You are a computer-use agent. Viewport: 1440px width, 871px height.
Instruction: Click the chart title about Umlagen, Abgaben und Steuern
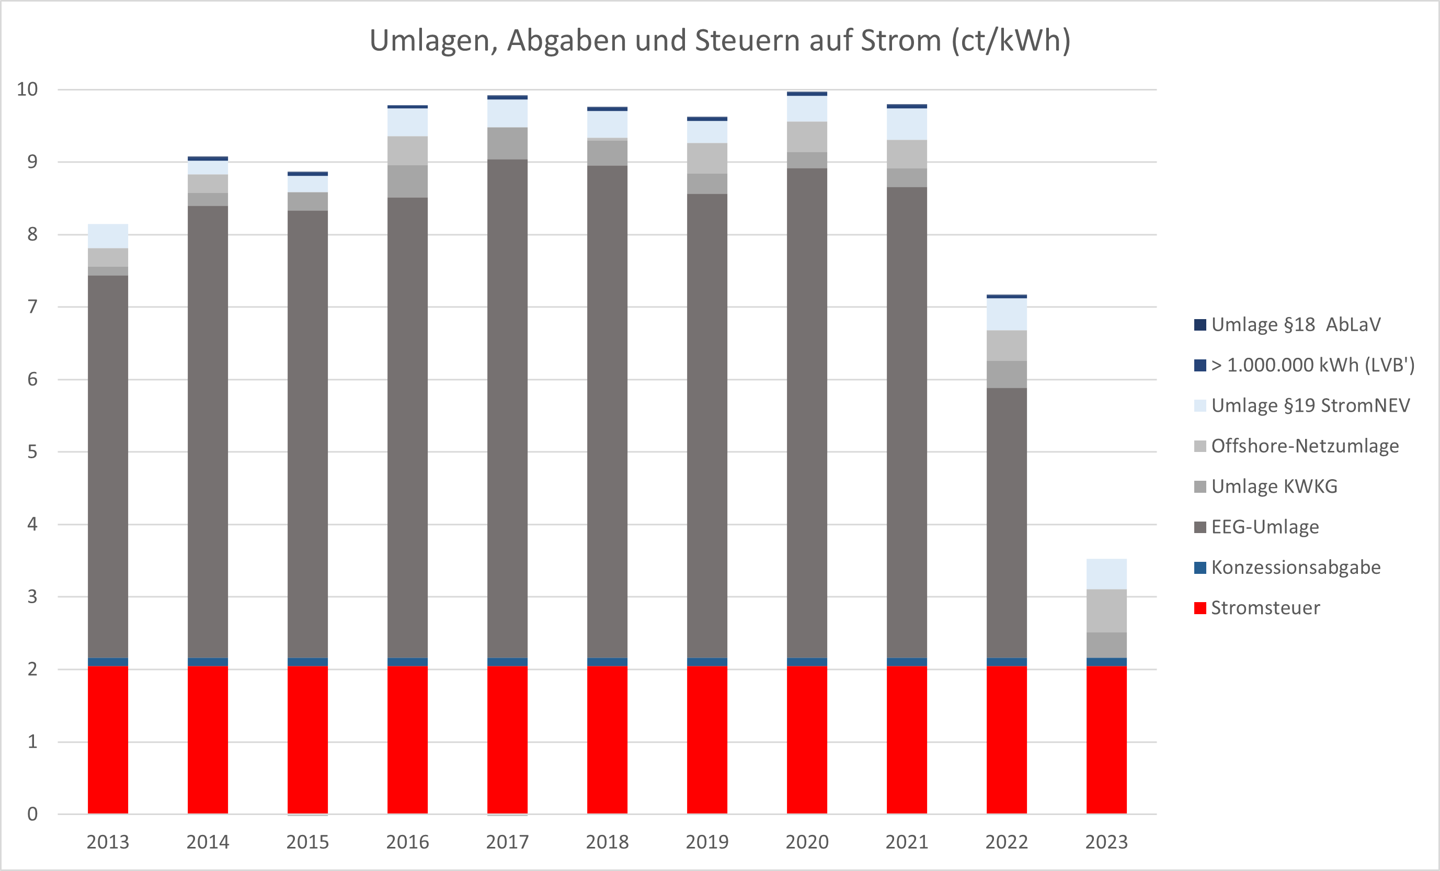(720, 41)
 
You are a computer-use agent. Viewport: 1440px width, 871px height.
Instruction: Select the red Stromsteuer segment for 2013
(108, 740)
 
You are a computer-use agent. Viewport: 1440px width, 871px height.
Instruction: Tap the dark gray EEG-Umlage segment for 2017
(507, 409)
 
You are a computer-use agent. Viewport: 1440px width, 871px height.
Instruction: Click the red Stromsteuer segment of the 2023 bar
(1106, 740)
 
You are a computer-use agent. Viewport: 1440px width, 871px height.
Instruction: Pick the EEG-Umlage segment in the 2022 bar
(1007, 523)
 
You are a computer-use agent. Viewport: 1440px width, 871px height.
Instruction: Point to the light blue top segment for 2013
(108, 236)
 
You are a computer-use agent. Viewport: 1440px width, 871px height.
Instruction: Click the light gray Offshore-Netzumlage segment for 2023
(1106, 611)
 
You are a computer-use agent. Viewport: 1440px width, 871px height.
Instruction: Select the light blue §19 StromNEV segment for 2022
(1007, 314)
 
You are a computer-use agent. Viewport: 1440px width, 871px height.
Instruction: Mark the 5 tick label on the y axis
(32, 452)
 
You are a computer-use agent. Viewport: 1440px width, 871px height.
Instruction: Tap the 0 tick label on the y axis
(32, 813)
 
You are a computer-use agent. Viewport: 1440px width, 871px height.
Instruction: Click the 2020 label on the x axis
(807, 842)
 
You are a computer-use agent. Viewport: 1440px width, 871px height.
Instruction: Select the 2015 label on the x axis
(307, 842)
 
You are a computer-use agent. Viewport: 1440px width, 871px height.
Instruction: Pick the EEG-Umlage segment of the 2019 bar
(707, 427)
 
